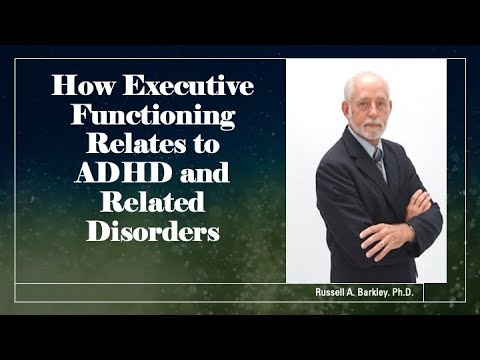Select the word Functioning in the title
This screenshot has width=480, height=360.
153,115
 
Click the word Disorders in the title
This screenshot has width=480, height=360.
153,230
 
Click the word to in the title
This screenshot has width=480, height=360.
206,144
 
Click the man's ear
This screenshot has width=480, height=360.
346,108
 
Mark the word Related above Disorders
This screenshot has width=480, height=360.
153,201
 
